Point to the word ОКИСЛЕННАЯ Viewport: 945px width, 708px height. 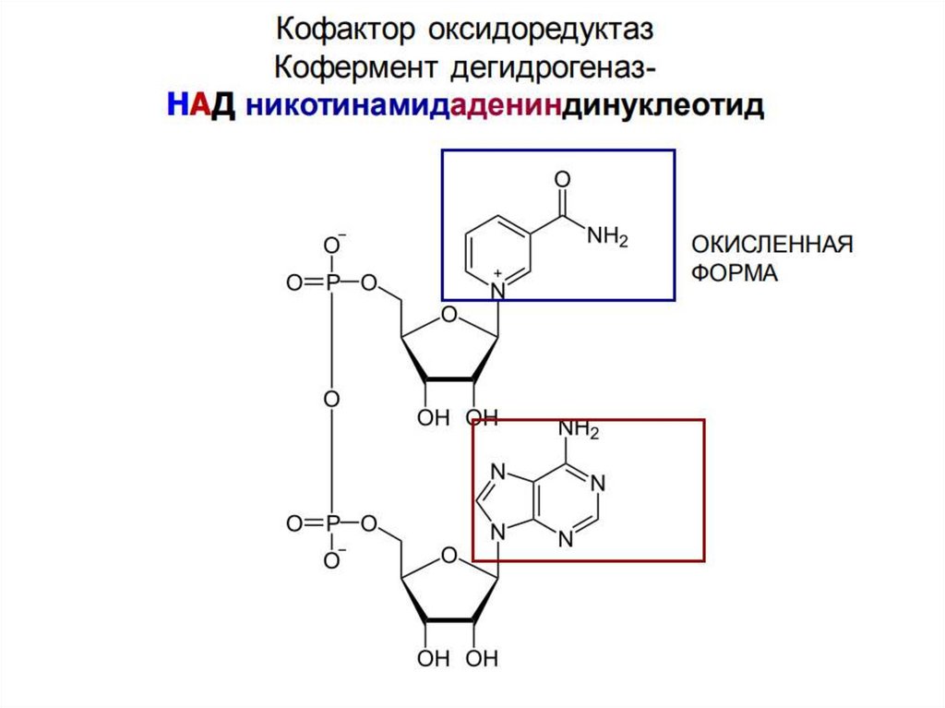pyautogui.click(x=772, y=246)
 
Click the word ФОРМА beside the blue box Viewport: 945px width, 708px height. pyautogui.click(x=736, y=275)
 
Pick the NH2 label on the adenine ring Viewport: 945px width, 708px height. pyautogui.click(x=579, y=430)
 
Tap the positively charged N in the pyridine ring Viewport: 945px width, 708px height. pyautogui.click(x=498, y=288)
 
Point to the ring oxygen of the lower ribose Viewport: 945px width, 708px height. pyautogui.click(x=449, y=557)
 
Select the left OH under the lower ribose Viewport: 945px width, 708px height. pyautogui.click(x=432, y=660)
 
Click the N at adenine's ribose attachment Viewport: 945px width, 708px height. pyautogui.click(x=498, y=533)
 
